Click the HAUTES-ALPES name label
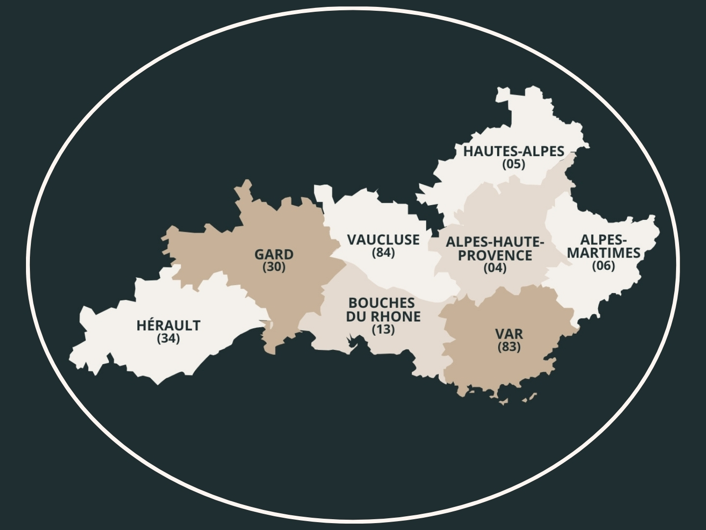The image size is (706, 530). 514,151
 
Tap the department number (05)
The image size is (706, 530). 513,164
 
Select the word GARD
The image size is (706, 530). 274,254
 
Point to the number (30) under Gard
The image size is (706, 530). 274,267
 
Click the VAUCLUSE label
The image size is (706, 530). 383,239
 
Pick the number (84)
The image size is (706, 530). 383,252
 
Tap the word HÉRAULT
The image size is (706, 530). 168,325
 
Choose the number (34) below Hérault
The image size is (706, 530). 168,338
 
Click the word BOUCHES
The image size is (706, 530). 381,303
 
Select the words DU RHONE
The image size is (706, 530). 383,316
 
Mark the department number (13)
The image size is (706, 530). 383,329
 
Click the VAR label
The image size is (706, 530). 509,334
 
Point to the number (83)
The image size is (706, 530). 509,347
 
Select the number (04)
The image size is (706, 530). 495,268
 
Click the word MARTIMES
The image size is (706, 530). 604,253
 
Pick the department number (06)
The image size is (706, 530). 603,265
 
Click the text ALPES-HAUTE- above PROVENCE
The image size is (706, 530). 495,242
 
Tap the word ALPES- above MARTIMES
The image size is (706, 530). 604,239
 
